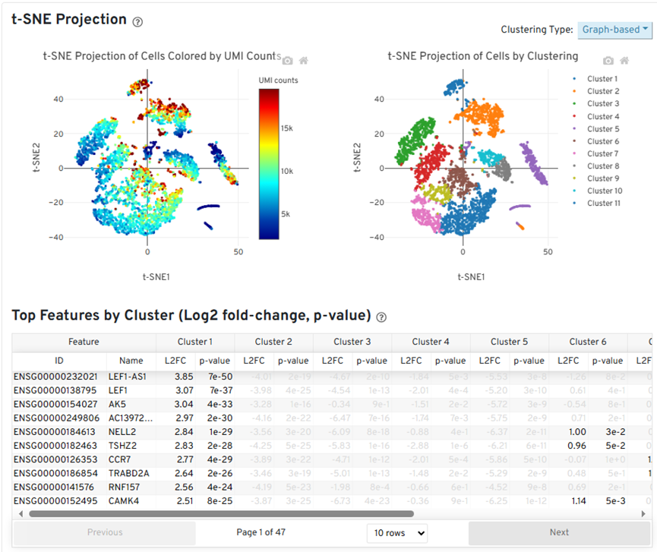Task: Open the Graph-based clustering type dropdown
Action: (614, 30)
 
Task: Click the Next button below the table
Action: (559, 533)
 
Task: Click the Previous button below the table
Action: (105, 533)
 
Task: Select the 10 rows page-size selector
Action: (396, 533)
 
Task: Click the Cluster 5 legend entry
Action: (603, 129)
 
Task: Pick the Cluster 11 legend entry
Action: (605, 203)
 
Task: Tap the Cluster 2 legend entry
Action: (603, 91)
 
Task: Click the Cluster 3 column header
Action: (352, 342)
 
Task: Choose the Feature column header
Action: (84, 342)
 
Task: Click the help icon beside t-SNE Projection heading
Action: (137, 22)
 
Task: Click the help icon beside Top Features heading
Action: (381, 317)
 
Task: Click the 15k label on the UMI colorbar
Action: (287, 128)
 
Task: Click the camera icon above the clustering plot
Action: (608, 60)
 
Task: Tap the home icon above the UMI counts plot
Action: (303, 60)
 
